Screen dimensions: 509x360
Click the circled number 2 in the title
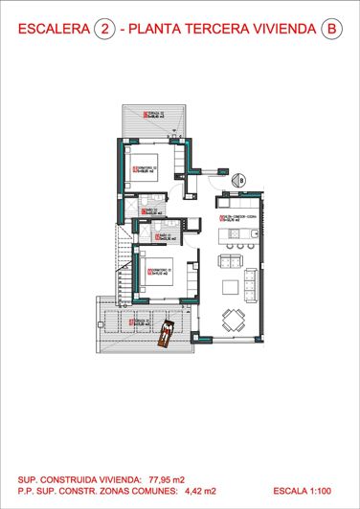[x=103, y=30]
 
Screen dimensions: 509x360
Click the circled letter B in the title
[x=332, y=30]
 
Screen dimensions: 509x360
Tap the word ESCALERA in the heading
[x=52, y=30]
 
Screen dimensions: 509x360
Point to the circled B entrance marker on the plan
[x=241, y=179]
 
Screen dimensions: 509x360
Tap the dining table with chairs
[x=233, y=321]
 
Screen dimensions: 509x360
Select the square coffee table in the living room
[x=232, y=286]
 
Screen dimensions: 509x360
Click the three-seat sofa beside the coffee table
[x=251, y=284]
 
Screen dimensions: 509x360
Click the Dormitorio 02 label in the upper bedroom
[x=146, y=172]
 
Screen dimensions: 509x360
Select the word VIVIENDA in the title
[x=283, y=30]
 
